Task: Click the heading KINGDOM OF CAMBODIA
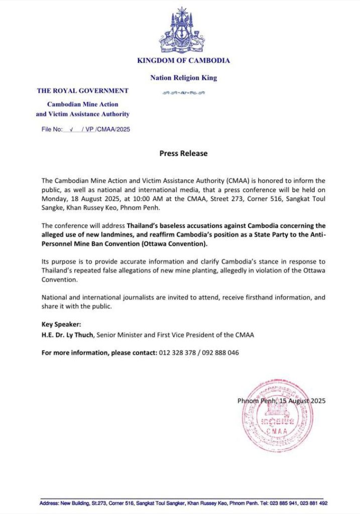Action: click(x=183, y=61)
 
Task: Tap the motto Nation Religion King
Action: click(x=183, y=78)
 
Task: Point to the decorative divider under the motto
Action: click(x=183, y=93)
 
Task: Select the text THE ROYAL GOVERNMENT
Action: click(x=83, y=91)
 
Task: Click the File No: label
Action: click(x=52, y=130)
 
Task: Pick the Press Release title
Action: click(x=183, y=154)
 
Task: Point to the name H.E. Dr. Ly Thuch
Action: click(x=68, y=335)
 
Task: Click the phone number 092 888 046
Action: click(x=220, y=353)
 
